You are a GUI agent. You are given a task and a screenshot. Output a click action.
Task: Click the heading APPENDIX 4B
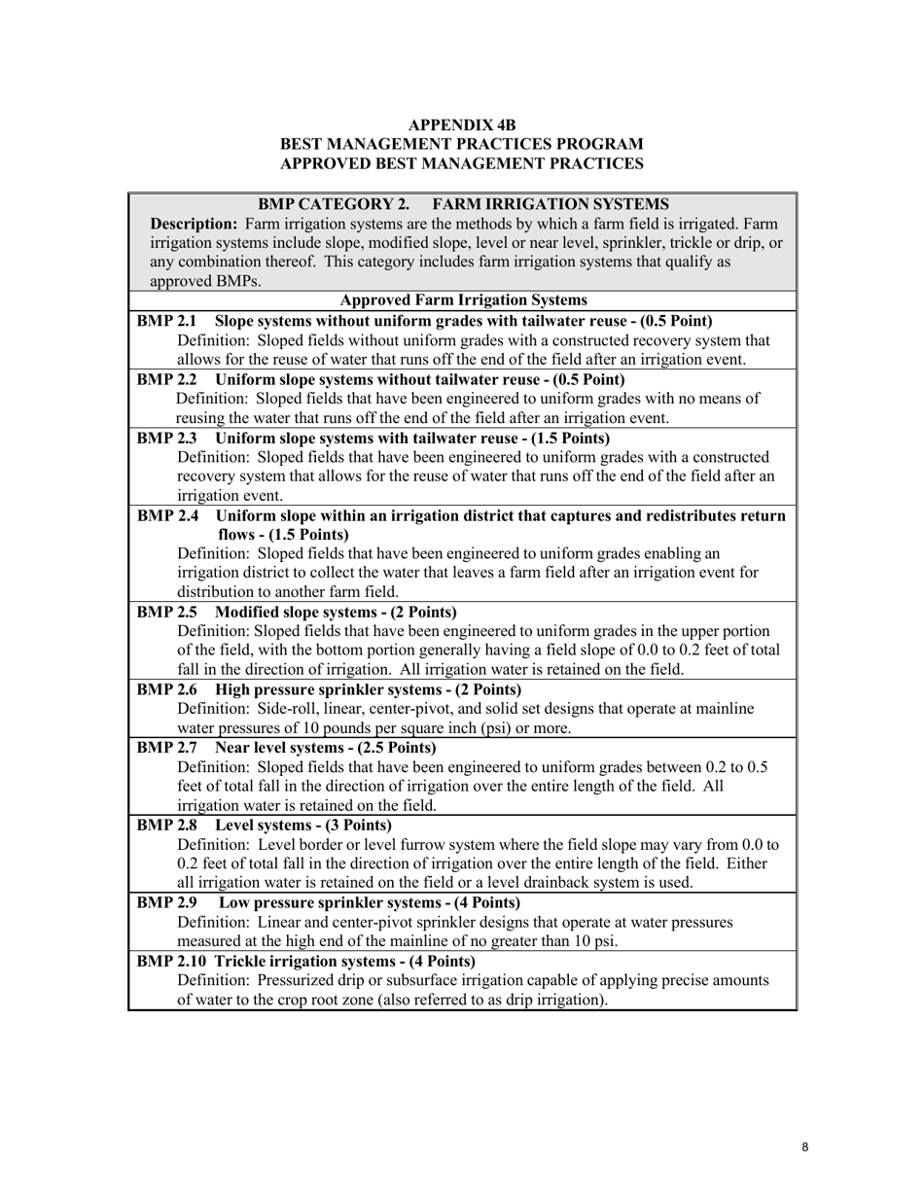point(462,125)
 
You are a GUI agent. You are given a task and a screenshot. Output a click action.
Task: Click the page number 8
point(805,1147)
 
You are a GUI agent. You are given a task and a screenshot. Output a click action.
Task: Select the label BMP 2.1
point(166,321)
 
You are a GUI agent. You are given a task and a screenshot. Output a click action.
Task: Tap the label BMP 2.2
point(166,379)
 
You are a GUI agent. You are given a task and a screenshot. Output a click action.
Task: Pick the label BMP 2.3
point(166,438)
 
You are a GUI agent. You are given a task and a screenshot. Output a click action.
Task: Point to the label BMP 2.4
point(166,515)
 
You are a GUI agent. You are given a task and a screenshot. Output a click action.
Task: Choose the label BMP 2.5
point(166,612)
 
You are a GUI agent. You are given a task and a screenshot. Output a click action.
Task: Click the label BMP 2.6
point(166,689)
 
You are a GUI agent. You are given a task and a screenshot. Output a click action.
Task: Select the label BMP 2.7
point(166,748)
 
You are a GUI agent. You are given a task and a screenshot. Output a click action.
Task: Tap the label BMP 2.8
point(166,826)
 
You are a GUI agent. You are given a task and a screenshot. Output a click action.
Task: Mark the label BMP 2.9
point(166,902)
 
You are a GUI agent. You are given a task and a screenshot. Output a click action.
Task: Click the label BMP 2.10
point(171,961)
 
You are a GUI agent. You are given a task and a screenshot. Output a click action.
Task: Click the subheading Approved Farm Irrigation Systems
point(462,300)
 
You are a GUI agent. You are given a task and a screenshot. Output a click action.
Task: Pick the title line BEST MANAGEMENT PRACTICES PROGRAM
point(462,145)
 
